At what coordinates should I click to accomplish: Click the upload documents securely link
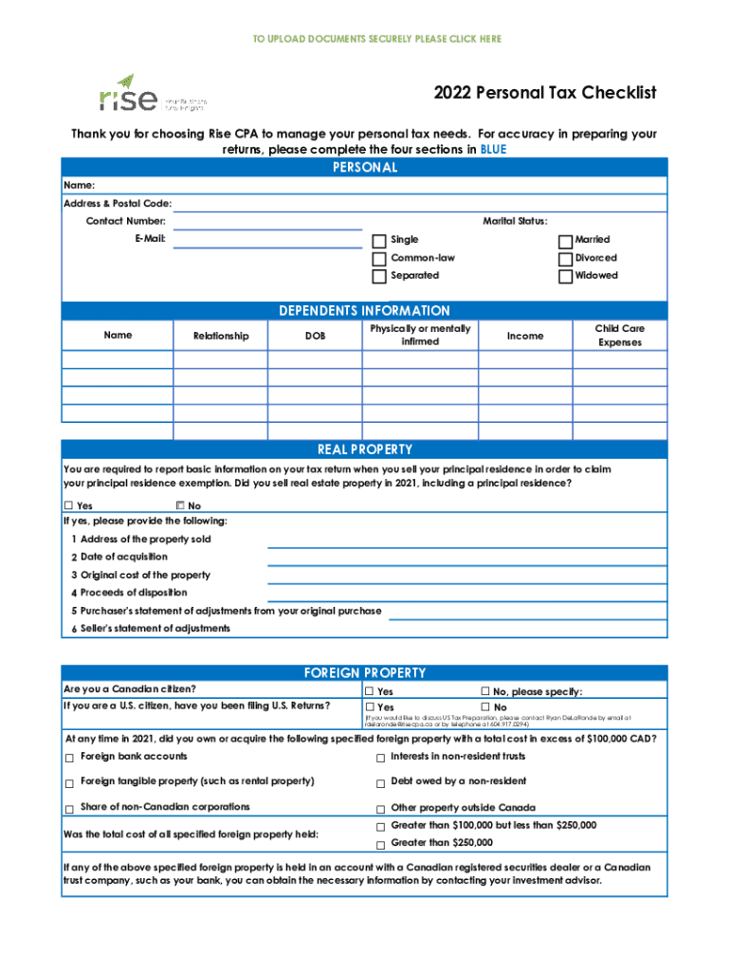(376, 39)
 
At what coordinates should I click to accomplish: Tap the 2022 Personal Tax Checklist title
(545, 93)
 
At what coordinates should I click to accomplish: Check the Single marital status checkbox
(379, 241)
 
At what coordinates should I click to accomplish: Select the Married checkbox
(565, 241)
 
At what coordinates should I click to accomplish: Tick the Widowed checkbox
(565, 277)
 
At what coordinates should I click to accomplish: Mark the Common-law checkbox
(379, 259)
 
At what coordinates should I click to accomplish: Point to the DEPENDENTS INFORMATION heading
(364, 311)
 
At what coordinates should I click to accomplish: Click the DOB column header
(315, 336)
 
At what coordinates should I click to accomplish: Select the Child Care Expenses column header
(619, 336)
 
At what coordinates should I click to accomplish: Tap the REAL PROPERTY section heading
(364, 449)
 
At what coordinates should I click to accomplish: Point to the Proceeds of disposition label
(134, 593)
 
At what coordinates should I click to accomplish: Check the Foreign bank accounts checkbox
(69, 758)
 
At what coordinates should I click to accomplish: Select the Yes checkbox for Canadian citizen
(370, 692)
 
